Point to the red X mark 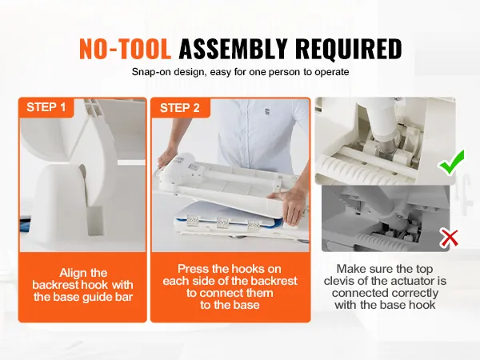(450, 238)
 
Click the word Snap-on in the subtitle (152, 72)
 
